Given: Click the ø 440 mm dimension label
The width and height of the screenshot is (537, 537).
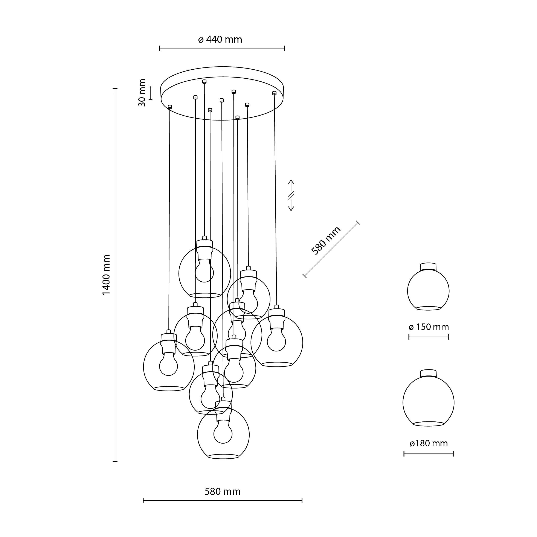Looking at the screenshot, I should click(220, 40).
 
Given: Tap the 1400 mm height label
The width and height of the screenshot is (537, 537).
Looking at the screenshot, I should click(107, 275).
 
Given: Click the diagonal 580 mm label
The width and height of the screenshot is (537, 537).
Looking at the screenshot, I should click(326, 241).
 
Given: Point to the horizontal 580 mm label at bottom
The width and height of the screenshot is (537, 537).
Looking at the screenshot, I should click(222, 492).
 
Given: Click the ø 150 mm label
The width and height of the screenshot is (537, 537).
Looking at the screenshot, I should click(429, 327).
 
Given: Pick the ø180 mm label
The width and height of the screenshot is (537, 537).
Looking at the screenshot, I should click(429, 443).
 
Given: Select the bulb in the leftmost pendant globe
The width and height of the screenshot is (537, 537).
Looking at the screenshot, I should click(168, 364).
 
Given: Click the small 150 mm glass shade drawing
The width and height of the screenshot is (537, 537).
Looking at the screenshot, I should click(428, 290).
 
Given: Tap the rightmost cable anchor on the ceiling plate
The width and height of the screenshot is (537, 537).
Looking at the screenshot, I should click(274, 93).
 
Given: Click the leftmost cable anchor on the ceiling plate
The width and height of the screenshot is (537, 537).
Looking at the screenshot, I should click(170, 107).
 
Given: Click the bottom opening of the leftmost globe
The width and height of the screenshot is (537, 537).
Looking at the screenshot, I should click(169, 388).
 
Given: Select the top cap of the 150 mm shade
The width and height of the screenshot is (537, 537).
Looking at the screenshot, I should click(428, 266).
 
